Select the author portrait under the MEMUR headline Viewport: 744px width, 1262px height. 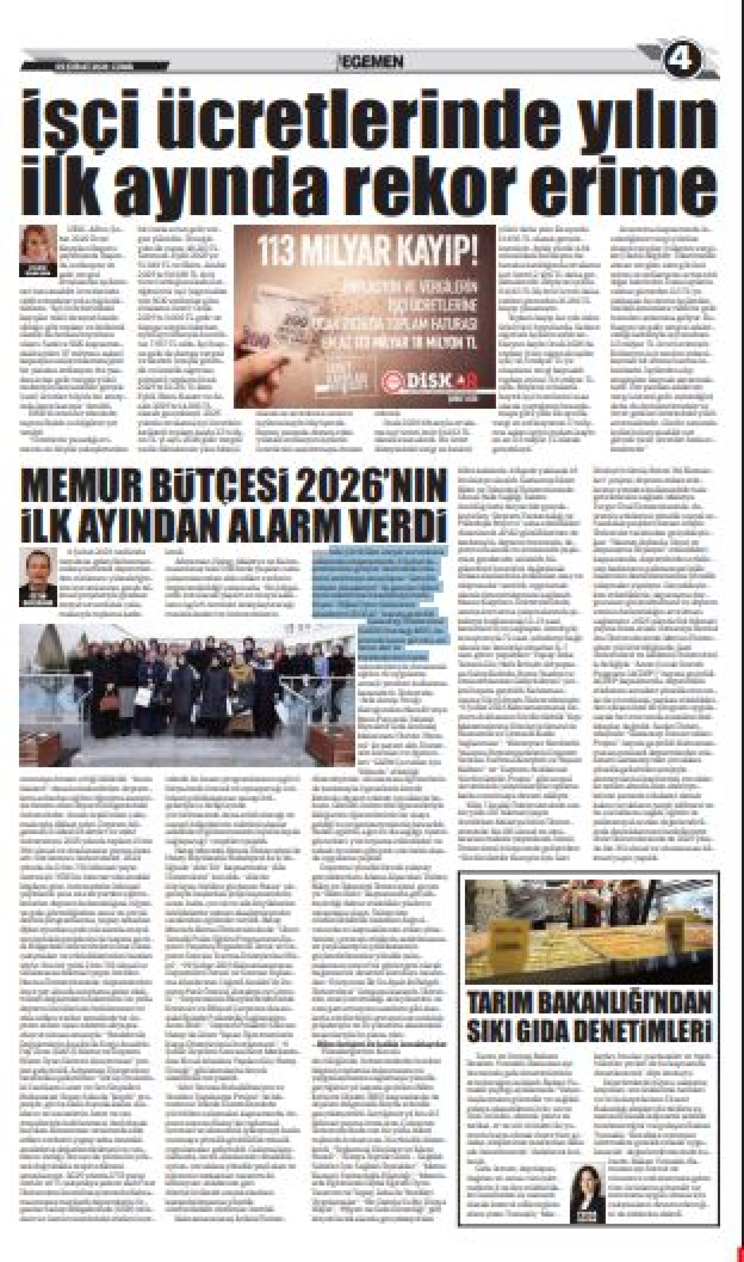(38, 577)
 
